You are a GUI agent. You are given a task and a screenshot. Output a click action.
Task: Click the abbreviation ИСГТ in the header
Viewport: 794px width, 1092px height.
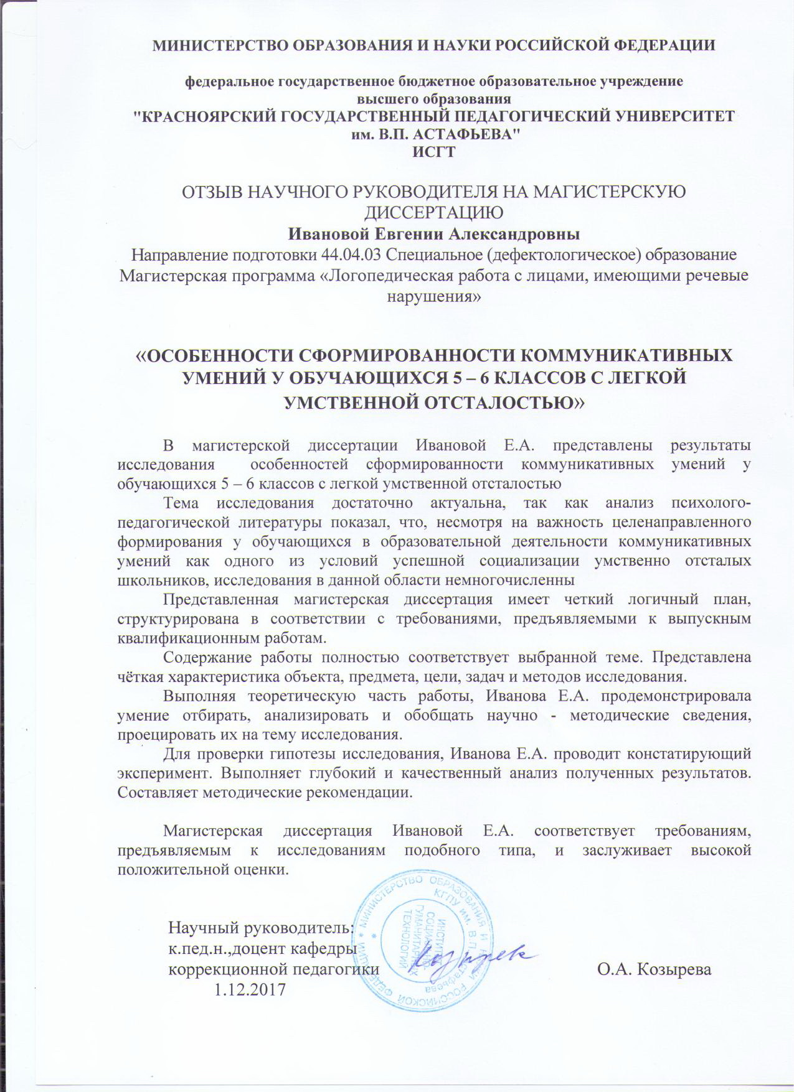coord(434,151)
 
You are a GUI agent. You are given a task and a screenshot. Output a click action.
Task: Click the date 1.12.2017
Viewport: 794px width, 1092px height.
coord(249,989)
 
